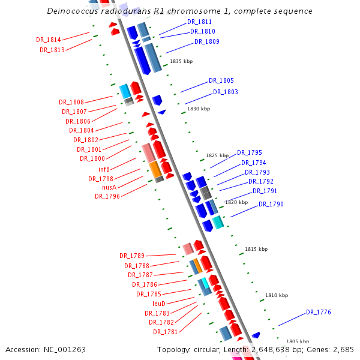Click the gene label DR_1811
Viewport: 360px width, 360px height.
[x=199, y=22]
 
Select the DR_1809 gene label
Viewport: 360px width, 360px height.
[x=207, y=42]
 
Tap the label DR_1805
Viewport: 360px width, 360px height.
[x=221, y=80]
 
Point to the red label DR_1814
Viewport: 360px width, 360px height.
[x=49, y=40]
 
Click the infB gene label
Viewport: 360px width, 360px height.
[x=104, y=169]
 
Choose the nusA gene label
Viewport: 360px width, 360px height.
[x=109, y=187]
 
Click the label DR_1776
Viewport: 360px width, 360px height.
[x=319, y=312]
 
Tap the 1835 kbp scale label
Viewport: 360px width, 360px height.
[x=181, y=61]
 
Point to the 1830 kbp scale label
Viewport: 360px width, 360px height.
[x=199, y=109]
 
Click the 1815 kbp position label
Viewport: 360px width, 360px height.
[x=256, y=249]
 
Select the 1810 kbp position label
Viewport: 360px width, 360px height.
[x=277, y=295]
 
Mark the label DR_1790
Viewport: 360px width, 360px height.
[x=271, y=205]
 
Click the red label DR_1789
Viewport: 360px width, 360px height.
[x=132, y=256]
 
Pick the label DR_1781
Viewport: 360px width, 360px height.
[x=165, y=332]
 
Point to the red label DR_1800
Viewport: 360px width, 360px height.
[x=92, y=158]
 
